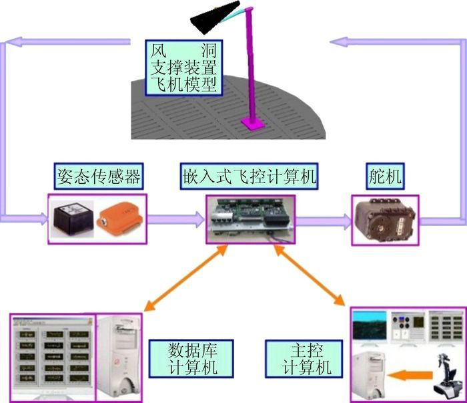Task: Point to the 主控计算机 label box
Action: [x=300, y=358]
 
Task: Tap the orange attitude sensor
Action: [x=120, y=218]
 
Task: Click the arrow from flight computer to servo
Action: [x=323, y=219]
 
